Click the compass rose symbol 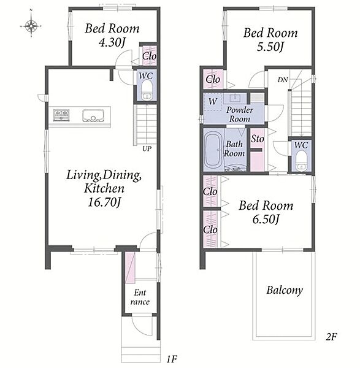point(31,25)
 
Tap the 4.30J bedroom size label point(112,43)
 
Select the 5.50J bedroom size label point(270,47)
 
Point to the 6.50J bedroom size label point(266,220)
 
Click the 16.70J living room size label point(104,202)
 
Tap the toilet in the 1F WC point(147,91)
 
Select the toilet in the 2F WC point(301,161)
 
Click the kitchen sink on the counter point(93,116)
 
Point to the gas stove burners point(61,115)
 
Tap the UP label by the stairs point(147,148)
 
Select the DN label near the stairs point(283,80)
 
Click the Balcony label point(285,291)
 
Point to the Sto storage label point(258,139)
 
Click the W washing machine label point(213,101)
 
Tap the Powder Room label point(240,115)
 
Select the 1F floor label point(172,359)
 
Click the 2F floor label point(331,337)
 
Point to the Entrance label point(140,297)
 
